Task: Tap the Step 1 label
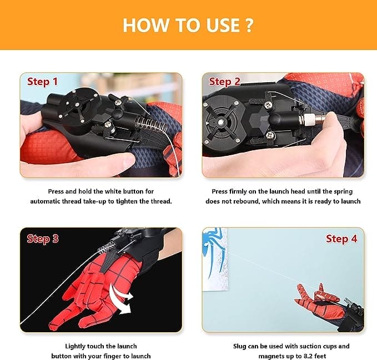pos(42,82)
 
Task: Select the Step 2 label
pos(224,82)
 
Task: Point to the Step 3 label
pos(42,239)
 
